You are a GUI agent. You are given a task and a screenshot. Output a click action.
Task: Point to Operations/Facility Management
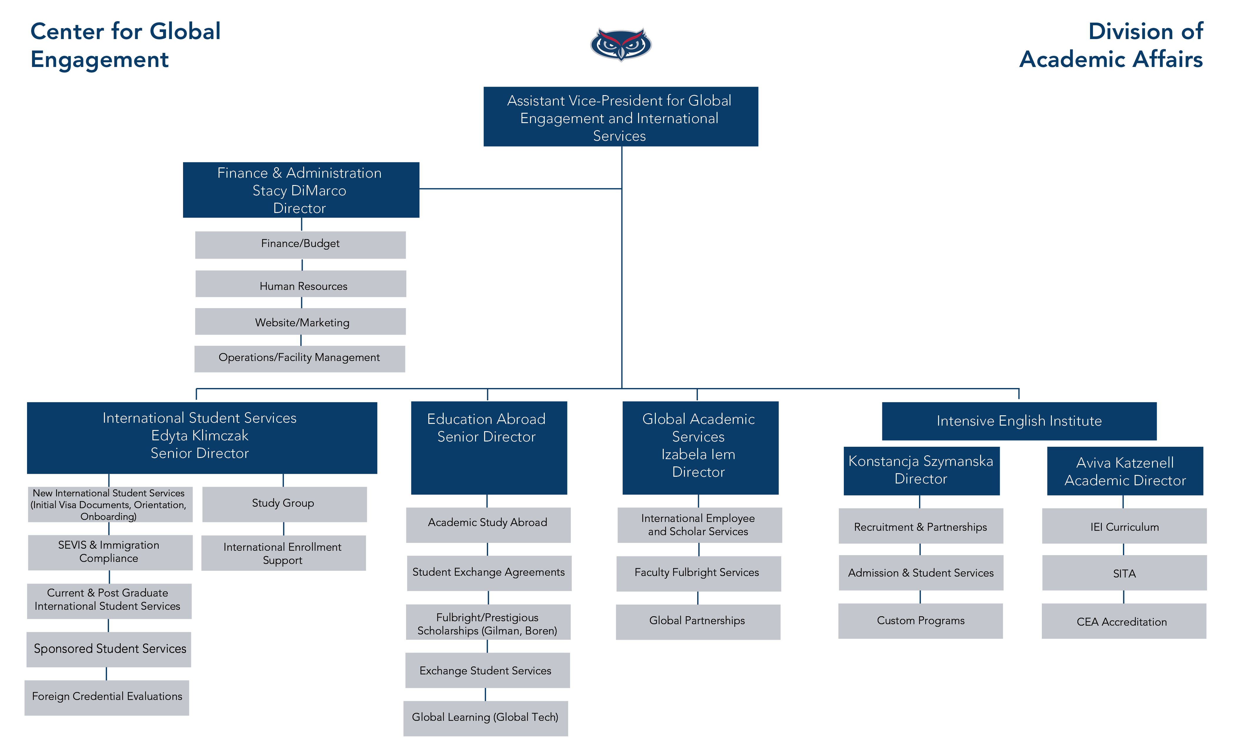(299, 358)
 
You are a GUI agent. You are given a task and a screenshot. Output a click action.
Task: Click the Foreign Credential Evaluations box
(107, 697)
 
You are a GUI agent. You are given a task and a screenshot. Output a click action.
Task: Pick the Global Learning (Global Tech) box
(485, 718)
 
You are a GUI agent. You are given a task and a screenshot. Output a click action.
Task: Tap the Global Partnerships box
(698, 621)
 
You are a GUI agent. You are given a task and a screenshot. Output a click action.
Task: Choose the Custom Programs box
(921, 621)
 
